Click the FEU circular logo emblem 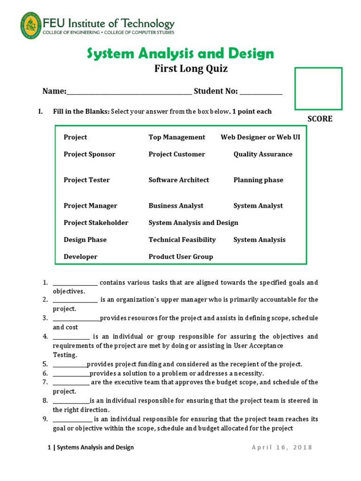point(30,26)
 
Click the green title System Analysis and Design point(180,54)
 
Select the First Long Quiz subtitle point(191,69)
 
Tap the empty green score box point(318,89)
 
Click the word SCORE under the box point(320,119)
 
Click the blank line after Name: point(129,92)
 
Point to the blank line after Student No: point(261,92)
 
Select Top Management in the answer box point(177,137)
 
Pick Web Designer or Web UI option point(260,137)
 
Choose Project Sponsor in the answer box point(89,154)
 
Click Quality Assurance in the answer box point(263,154)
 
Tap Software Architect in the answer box point(179,180)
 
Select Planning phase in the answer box point(258,180)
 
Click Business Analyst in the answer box point(176,206)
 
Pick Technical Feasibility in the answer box point(182,240)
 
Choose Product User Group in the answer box point(180,256)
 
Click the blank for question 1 point(75,283)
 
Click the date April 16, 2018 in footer point(282,448)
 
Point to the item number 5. point(45,365)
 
